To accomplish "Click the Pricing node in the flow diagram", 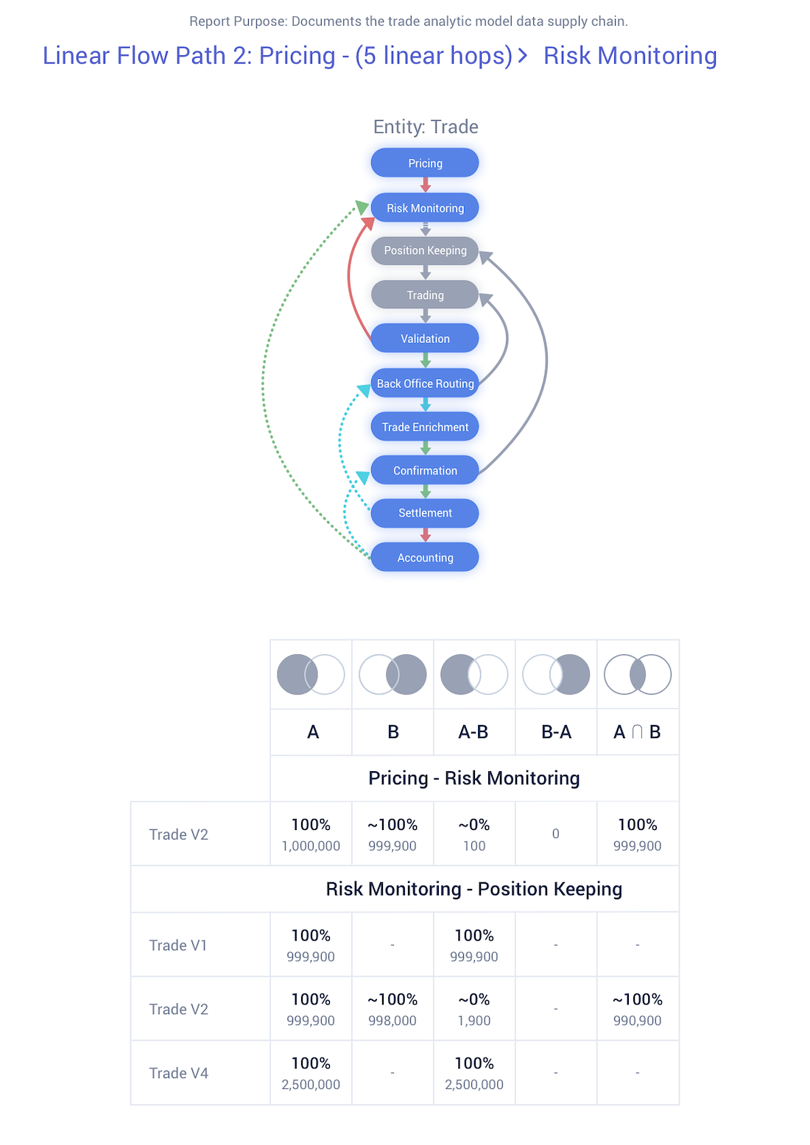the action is click(424, 163).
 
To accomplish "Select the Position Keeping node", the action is click(424, 250).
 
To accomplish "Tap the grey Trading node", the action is click(424, 294).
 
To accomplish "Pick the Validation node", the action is click(424, 338).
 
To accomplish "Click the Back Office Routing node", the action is click(424, 383).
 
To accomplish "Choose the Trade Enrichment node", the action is click(424, 426).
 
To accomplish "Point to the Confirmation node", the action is click(424, 469).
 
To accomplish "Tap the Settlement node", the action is click(424, 513).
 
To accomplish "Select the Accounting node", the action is click(424, 557).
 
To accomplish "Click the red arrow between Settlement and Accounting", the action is click(425, 535).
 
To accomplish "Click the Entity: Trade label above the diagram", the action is click(426, 127).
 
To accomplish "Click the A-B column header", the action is click(473, 731).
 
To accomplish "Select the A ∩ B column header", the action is click(637, 731).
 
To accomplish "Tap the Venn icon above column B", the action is click(392, 674).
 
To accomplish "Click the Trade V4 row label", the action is click(178, 1072).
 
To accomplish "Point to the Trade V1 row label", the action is click(178, 945).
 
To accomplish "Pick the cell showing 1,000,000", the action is click(311, 833).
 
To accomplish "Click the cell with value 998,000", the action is click(392, 1008).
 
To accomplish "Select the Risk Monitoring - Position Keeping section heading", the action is click(473, 889).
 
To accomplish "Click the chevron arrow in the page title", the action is click(522, 55).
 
